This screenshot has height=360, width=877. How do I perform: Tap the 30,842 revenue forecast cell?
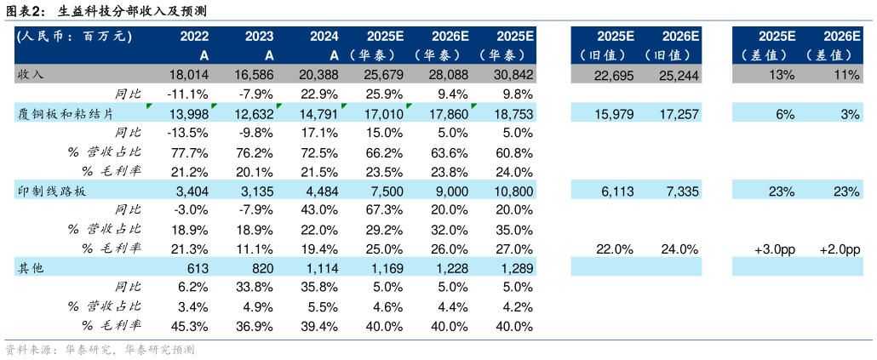tap(513, 75)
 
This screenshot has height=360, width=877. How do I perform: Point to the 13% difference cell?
tap(782, 75)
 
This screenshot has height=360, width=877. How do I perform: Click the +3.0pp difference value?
tap(775, 249)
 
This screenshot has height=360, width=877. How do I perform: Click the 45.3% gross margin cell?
tap(191, 326)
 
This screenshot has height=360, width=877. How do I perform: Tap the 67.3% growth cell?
tap(384, 210)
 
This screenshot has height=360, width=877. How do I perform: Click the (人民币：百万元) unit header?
tap(72, 36)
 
